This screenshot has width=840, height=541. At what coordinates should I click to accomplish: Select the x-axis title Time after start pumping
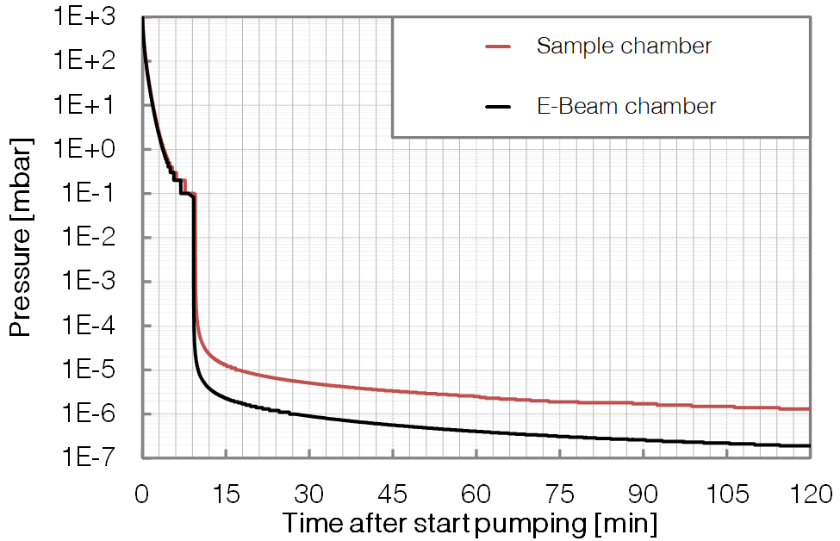point(470,523)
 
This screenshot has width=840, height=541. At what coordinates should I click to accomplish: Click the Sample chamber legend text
point(624,46)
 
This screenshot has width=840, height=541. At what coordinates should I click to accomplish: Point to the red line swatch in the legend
point(499,47)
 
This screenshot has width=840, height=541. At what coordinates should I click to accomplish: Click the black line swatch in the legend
point(499,107)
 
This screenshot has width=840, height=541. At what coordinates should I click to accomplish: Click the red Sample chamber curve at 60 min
point(476,395)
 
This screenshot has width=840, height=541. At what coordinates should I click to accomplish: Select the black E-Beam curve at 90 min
point(643,439)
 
